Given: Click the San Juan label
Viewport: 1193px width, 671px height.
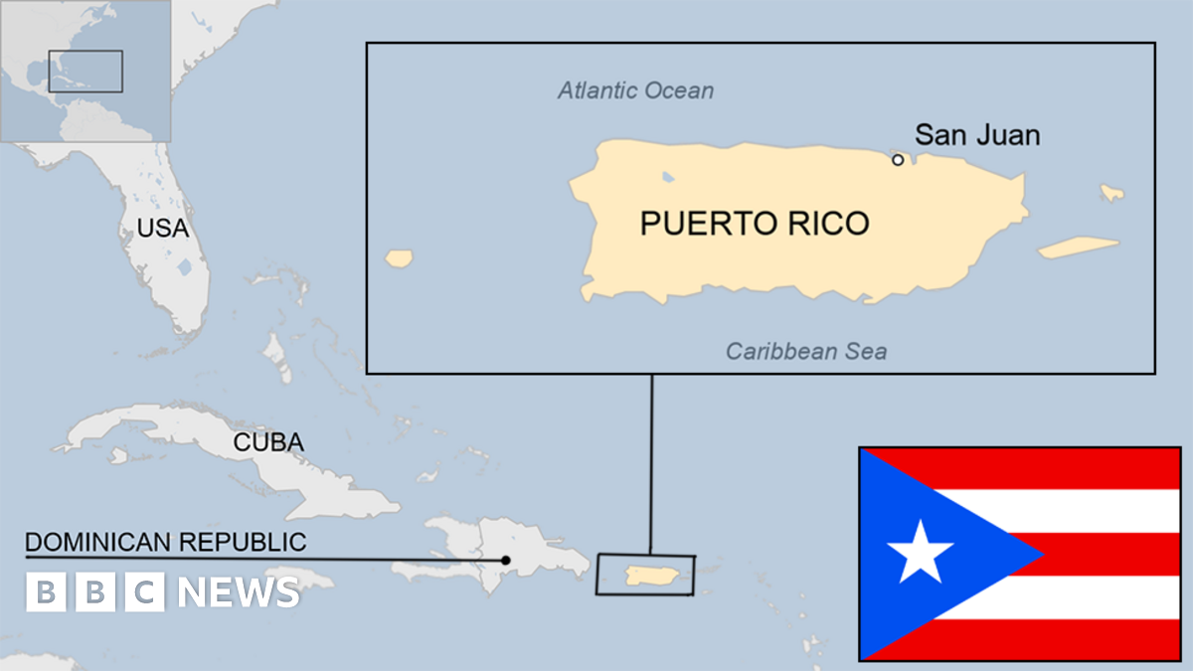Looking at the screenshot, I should [x=977, y=135].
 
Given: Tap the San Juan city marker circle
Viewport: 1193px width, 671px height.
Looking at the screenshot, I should [x=898, y=160].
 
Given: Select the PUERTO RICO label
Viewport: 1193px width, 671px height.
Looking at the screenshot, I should [x=754, y=224].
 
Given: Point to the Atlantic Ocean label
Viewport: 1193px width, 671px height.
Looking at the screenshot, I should [x=635, y=91].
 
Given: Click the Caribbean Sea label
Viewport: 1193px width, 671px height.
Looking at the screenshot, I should [x=806, y=351].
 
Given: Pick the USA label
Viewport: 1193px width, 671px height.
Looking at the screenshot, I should [x=162, y=229].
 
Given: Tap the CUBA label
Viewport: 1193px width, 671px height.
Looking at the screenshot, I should [x=268, y=443].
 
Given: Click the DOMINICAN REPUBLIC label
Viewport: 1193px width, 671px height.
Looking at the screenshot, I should [x=166, y=542].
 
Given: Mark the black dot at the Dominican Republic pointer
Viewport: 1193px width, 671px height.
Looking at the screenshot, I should [x=506, y=560].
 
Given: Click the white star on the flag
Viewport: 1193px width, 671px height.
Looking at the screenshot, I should [x=920, y=553].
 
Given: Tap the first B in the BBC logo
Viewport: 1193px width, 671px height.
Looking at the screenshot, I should [x=45, y=592].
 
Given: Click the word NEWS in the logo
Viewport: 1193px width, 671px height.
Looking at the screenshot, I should [x=239, y=592].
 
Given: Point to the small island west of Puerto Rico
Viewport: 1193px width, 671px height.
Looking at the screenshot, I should [x=399, y=258].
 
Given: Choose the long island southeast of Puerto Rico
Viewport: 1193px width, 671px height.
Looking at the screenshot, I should [x=1079, y=247].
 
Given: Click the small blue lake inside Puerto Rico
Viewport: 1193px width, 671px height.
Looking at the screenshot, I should [x=668, y=178].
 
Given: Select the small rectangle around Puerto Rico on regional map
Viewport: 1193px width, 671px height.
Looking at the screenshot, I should [x=645, y=575].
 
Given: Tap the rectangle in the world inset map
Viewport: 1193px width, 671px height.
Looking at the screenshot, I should [x=85, y=72].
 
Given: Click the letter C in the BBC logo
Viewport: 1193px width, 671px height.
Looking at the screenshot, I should [x=144, y=592].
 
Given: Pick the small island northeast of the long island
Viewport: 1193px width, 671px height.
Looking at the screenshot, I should [x=1111, y=192].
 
